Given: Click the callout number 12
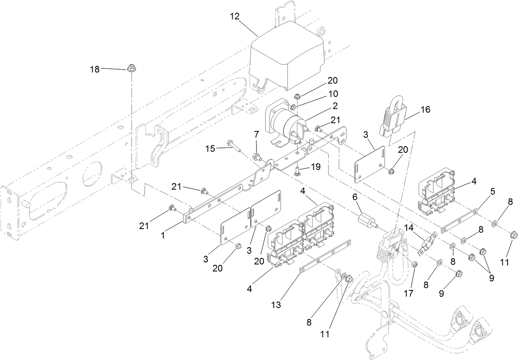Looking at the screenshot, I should coord(235,17).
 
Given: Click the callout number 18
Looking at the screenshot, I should coord(95,69).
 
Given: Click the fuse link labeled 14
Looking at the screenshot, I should coord(427,243).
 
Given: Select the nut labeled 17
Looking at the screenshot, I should coord(415,264).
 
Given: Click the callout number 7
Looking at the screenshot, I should coord(257,135).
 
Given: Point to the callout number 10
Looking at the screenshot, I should coord(332,94).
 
